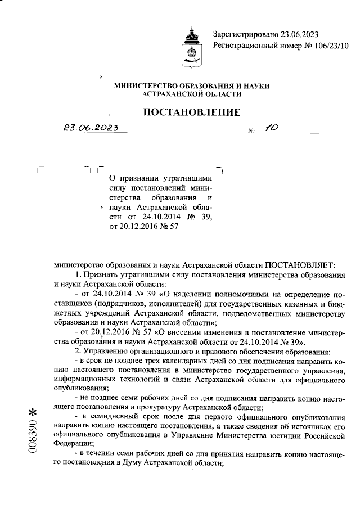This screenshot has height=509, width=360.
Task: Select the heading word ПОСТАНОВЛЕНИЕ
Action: coord(192,112)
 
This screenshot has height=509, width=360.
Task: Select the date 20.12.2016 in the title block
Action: coord(134,227)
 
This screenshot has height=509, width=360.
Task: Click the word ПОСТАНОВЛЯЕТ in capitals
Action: coord(300,264)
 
